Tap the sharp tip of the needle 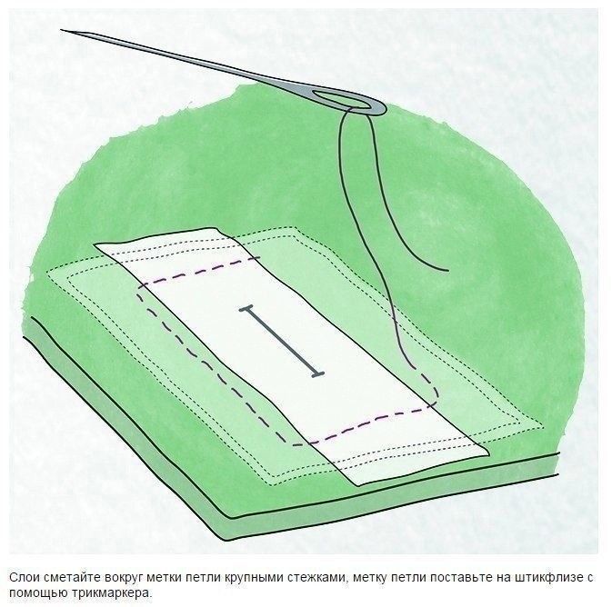click(62, 30)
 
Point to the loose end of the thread click(446, 270)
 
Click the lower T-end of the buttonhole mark click(317, 375)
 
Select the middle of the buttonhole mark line click(282, 343)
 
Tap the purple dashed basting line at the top click(201, 271)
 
